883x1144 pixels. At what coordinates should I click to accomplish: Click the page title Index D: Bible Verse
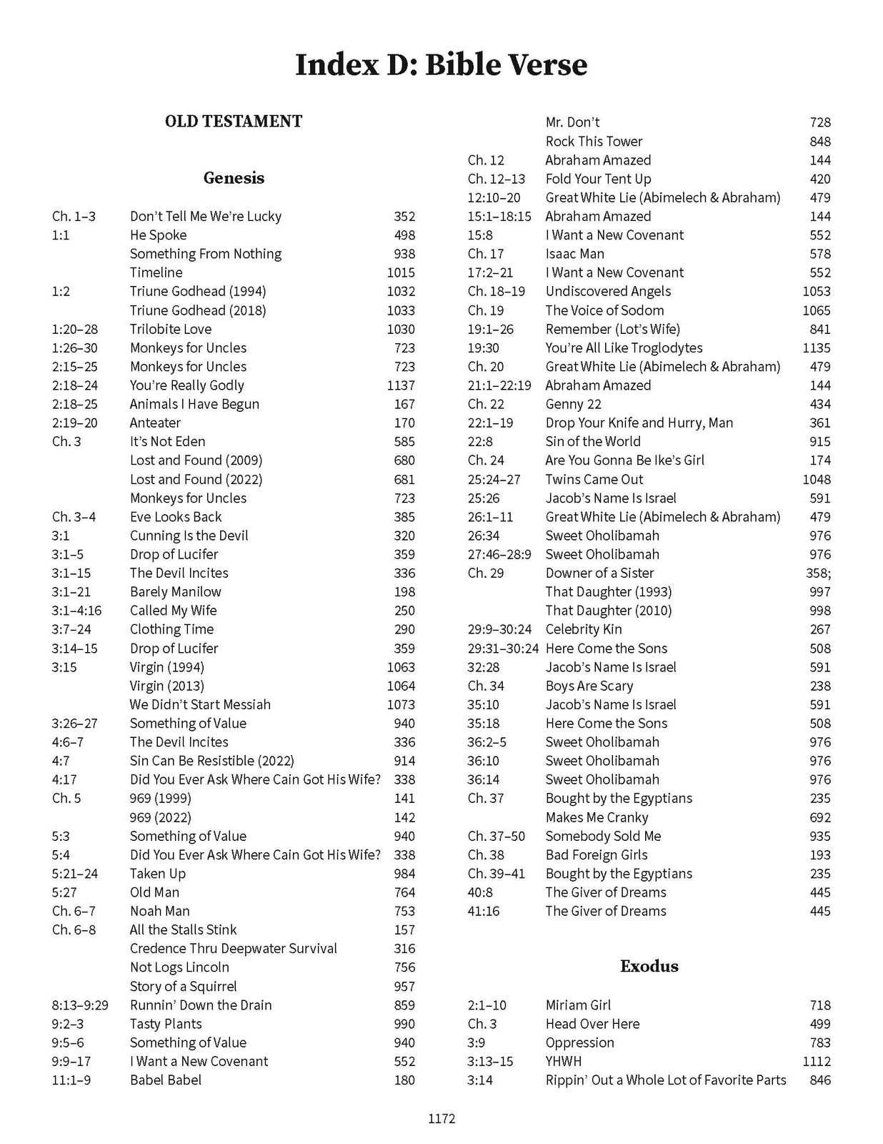pyautogui.click(x=441, y=65)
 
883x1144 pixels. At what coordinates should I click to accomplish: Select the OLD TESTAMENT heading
pyautogui.click(x=233, y=122)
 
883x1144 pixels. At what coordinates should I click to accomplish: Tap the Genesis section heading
pyautogui.click(x=234, y=178)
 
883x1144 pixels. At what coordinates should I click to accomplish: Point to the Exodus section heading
pyautogui.click(x=649, y=967)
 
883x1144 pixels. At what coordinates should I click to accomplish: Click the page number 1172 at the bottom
pyautogui.click(x=441, y=1119)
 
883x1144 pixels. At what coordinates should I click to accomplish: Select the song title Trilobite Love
pyautogui.click(x=170, y=329)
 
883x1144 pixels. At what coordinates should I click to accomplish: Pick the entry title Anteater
pyautogui.click(x=155, y=423)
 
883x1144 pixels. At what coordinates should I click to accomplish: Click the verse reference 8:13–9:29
pyautogui.click(x=80, y=1005)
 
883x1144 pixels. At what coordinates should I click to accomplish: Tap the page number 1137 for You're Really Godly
pyautogui.click(x=400, y=385)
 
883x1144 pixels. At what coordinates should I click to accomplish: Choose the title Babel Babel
pyautogui.click(x=165, y=1080)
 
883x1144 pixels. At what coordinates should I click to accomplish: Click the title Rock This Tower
pyautogui.click(x=594, y=142)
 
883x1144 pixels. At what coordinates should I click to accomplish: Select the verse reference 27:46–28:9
pyautogui.click(x=499, y=554)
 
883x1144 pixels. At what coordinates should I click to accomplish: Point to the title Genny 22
pyautogui.click(x=573, y=404)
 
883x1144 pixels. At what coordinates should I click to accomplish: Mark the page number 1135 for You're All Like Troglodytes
pyautogui.click(x=816, y=348)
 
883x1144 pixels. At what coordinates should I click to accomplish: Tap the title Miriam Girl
pyautogui.click(x=578, y=1005)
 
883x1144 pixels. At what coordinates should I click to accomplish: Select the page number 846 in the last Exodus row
pyautogui.click(x=820, y=1080)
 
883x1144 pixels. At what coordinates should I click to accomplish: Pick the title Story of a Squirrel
pyautogui.click(x=183, y=986)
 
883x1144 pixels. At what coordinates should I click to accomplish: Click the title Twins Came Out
pyautogui.click(x=594, y=479)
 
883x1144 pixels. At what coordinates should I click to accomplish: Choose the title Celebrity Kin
pyautogui.click(x=583, y=629)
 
